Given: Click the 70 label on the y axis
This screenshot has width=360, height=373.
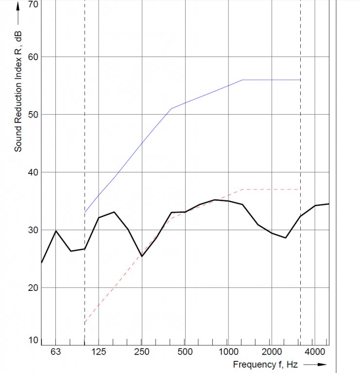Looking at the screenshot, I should coord(33,4).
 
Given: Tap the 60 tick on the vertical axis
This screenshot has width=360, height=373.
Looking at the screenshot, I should coord(33,57).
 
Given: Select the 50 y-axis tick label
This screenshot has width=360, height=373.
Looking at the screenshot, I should coord(33,115).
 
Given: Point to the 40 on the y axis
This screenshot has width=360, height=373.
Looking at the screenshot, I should coord(33,172).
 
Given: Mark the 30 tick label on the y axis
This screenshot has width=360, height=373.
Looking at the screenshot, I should coord(33,230).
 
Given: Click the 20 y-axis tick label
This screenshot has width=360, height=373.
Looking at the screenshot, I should coord(33,288).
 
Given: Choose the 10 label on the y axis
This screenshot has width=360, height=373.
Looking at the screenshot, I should coord(33,340).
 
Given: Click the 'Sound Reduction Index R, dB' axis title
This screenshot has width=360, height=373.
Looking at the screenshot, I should coord(18,90).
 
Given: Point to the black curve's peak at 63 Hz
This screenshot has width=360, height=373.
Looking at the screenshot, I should coord(56,231).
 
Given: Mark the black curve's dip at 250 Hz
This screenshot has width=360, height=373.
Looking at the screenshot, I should coord(141,256).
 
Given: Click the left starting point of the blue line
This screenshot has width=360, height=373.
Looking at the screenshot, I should coord(85,212).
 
